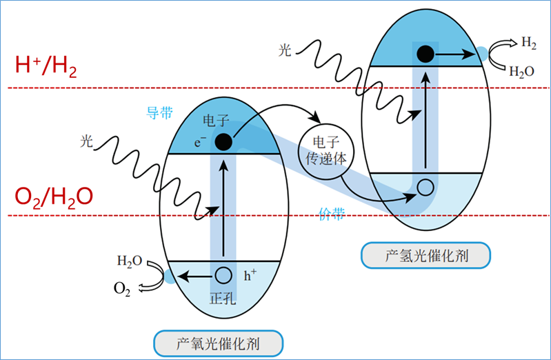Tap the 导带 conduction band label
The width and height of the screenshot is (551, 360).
[159, 112]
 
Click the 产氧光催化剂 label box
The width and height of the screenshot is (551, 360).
[219, 341]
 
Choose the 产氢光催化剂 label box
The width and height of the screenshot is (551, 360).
[425, 256]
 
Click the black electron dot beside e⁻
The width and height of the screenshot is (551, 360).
[223, 142]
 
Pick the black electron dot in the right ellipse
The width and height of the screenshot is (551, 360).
[425, 52]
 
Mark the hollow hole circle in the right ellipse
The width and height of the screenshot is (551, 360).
[425, 186]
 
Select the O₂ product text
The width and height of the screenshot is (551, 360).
[122, 288]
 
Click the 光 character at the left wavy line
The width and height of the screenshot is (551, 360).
[87, 141]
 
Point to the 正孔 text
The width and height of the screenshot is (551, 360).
[222, 298]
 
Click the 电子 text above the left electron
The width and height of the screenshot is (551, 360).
[211, 121]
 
